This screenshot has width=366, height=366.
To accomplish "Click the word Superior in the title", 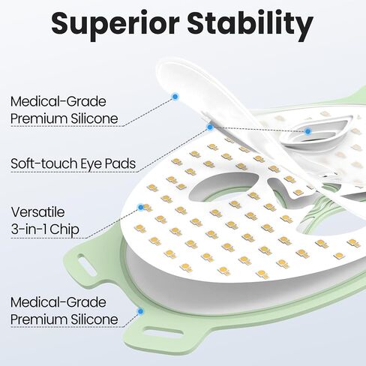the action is pyautogui.click(x=115, y=25).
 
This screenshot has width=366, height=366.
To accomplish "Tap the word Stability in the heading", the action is pyautogui.click(x=250, y=25).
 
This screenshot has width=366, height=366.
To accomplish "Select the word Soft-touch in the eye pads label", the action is pyautogui.click(x=44, y=163).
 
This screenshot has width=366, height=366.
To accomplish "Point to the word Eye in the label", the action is pyautogui.click(x=91, y=164).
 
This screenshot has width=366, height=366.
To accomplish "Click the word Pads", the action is pyautogui.click(x=120, y=163).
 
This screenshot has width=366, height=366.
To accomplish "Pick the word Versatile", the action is pyautogui.click(x=37, y=212).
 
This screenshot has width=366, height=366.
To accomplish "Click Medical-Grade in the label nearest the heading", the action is pyautogui.click(x=58, y=101).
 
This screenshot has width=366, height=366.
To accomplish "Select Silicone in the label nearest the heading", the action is pyautogui.click(x=94, y=118).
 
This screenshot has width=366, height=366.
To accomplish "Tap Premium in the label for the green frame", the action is pyautogui.click(x=39, y=319).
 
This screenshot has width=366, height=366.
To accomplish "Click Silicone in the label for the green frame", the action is pyautogui.click(x=94, y=319).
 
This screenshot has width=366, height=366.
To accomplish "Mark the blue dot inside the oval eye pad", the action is pyautogui.click(x=307, y=131).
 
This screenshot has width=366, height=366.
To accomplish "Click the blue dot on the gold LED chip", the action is pyautogui.click(x=141, y=207).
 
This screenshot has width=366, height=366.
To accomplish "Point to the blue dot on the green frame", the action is pyautogui.click(x=140, y=311).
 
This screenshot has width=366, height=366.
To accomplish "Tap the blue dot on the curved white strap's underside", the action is pyautogui.click(x=175, y=97).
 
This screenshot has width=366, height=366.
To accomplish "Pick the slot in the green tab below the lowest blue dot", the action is pyautogui.click(x=163, y=333).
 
